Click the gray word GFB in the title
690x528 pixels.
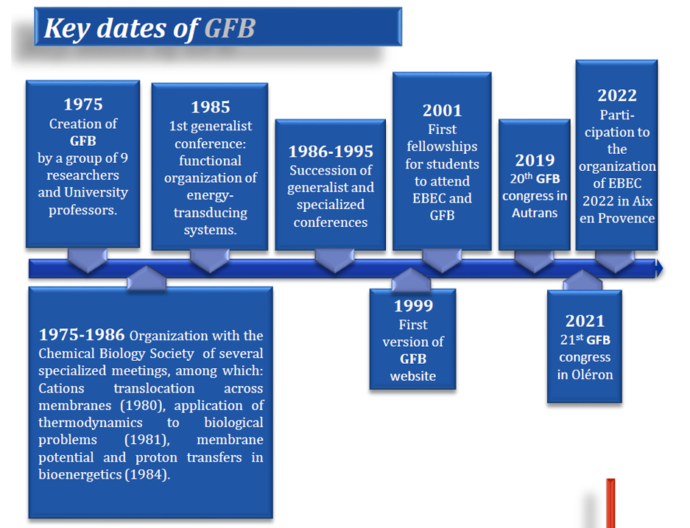[230, 29]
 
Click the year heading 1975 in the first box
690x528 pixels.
[82, 105]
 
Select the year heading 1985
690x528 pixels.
[211, 107]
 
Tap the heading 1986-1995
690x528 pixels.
[331, 152]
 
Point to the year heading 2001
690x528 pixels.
[443, 110]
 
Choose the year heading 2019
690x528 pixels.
[535, 160]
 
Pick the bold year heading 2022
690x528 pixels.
[617, 96]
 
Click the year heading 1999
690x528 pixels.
[413, 306]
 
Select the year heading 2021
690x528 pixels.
[585, 321]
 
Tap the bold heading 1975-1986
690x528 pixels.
[82, 335]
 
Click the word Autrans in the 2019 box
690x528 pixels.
[535, 213]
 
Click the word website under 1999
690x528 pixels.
[413, 376]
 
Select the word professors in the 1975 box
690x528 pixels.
[82, 211]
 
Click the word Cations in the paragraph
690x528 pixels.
[61, 389]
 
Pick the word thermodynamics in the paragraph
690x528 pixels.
[91, 423]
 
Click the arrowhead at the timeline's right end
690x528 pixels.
[659, 268]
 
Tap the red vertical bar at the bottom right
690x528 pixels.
[610, 504]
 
